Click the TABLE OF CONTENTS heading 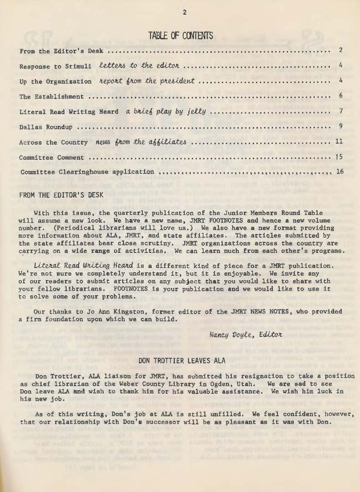pos(180,36)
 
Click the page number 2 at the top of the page pos(184,12)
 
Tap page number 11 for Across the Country pos(338,141)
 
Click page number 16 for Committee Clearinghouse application pos(339,171)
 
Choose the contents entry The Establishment pos(51,96)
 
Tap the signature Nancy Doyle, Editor pos(246,335)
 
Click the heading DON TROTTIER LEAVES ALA pos(182,361)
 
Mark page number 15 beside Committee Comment pos(338,156)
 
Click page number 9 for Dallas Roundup pos(340,126)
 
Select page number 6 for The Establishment pos(340,96)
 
